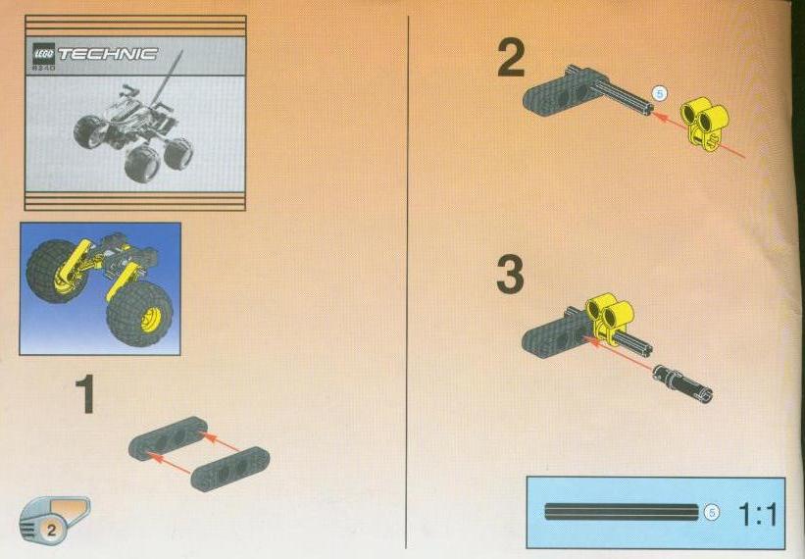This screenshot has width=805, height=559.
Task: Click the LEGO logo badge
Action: [44, 53]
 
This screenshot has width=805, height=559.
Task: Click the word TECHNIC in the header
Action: [108, 53]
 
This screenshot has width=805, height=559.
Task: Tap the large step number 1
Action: [84, 393]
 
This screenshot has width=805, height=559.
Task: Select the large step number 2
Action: [511, 58]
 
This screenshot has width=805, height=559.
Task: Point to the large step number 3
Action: [510, 276]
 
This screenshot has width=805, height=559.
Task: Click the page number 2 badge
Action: [51, 530]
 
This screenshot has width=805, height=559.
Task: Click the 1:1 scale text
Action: [758, 514]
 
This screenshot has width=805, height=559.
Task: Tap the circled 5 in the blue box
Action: [712, 512]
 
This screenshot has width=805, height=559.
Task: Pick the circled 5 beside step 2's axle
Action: [660, 93]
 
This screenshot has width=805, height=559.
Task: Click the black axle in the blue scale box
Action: [622, 512]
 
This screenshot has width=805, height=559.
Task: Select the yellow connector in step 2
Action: [705, 124]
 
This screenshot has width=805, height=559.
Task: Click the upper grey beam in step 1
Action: [169, 438]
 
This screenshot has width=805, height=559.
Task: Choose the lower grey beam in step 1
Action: [230, 469]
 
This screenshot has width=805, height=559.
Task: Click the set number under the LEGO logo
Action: [44, 68]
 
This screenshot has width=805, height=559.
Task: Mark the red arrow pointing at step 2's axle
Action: [699, 135]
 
